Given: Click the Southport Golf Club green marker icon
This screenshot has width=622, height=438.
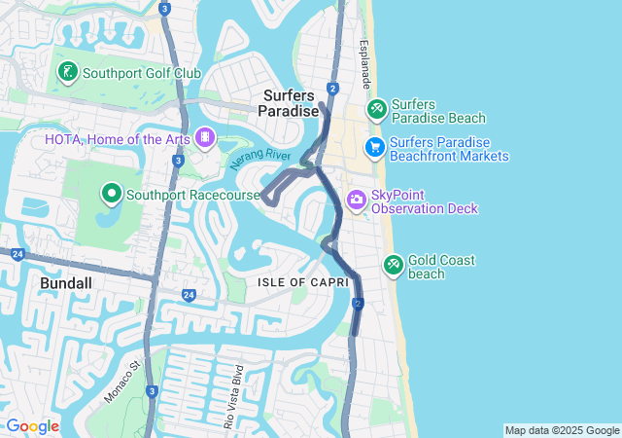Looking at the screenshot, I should pyautogui.click(x=67, y=72).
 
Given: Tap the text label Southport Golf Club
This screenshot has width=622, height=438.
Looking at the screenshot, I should pyautogui.click(x=142, y=73).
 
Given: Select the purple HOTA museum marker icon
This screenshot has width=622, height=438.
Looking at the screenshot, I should pyautogui.click(x=205, y=138).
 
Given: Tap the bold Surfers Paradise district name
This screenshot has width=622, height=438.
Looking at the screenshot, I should pyautogui.click(x=289, y=103).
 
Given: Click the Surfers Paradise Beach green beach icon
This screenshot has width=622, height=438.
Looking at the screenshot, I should pyautogui.click(x=376, y=110).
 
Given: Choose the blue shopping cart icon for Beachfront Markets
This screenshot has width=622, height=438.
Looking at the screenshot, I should pyautogui.click(x=374, y=148).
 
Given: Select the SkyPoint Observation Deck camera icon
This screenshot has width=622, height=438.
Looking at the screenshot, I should pyautogui.click(x=357, y=201).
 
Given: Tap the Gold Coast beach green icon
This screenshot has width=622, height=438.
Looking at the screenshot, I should pyautogui.click(x=394, y=264).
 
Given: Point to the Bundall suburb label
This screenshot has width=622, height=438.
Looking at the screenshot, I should pyautogui.click(x=66, y=282).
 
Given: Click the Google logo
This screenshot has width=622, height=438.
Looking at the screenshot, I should pyautogui.click(x=31, y=426).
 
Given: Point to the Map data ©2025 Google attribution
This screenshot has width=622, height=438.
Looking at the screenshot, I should pyautogui.click(x=561, y=430).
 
